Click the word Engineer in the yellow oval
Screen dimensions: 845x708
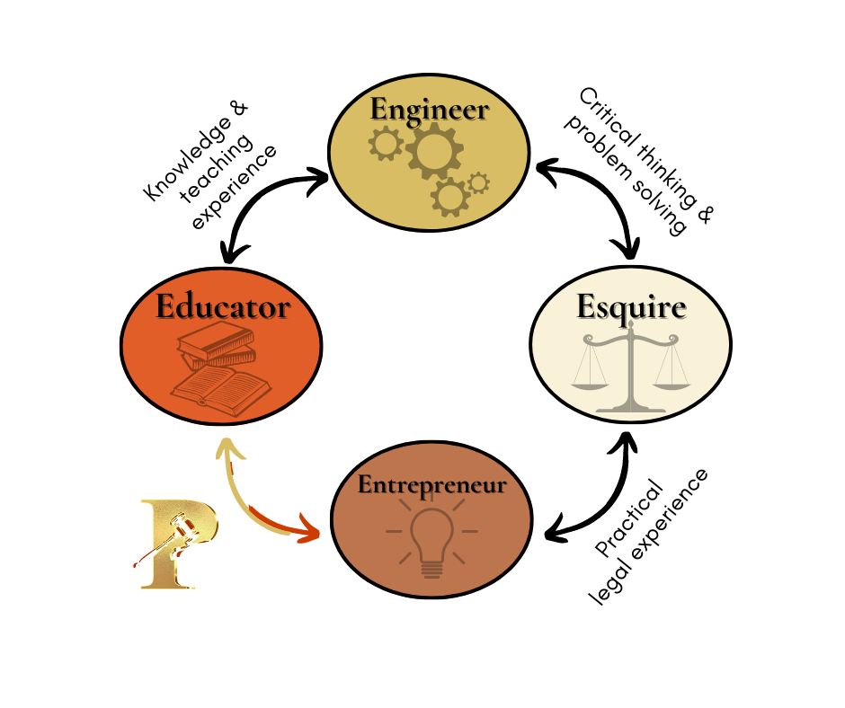click(430, 110)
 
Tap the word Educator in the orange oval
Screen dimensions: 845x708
click(223, 306)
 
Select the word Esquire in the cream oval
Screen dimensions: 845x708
click(631, 308)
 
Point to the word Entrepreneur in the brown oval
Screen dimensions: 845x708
click(431, 485)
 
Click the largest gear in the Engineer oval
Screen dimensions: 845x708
click(434, 150)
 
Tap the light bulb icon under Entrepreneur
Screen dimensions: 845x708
click(431, 538)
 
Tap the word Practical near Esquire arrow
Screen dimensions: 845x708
click(629, 518)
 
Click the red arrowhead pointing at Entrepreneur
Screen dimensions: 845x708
click(308, 528)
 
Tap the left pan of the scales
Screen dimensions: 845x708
click(590, 385)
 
